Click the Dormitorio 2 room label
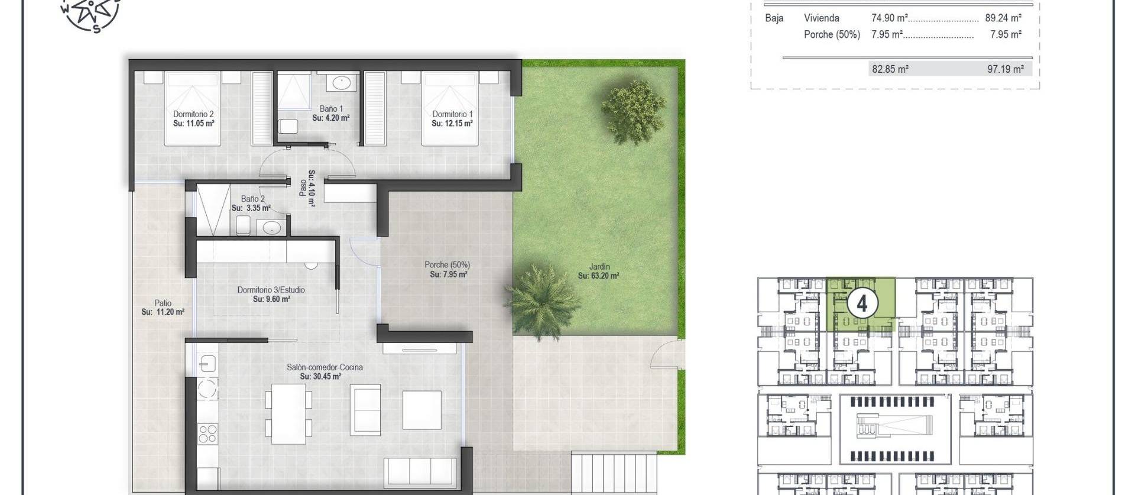[x=193, y=114]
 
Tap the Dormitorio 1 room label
[x=452, y=114]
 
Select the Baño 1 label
[x=331, y=109]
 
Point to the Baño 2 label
[x=252, y=199]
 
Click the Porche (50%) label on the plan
[x=447, y=265]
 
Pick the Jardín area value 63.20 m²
[x=599, y=276]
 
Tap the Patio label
[x=163, y=303]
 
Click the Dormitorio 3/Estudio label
[x=271, y=290]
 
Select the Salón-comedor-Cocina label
[x=325, y=367]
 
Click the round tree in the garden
[x=633, y=111]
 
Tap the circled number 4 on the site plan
[x=861, y=303]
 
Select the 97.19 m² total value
[x=1006, y=69]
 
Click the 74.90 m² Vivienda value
[x=890, y=18]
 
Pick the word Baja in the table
[x=774, y=18]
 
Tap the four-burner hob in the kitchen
[x=207, y=433]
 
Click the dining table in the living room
[x=289, y=415]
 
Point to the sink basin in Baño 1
[x=341, y=82]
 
